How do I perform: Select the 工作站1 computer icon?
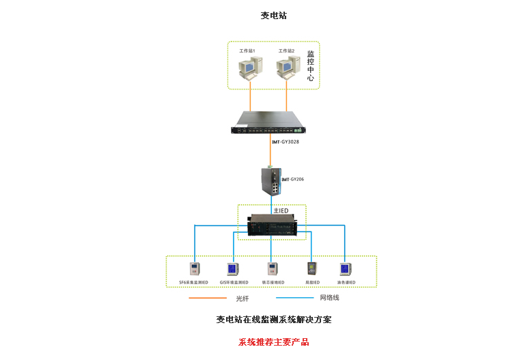pyautogui.click(x=249, y=67)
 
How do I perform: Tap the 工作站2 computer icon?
pyautogui.click(x=288, y=67)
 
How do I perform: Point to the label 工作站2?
pyautogui.click(x=286, y=51)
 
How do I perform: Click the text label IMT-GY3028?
pyautogui.click(x=286, y=142)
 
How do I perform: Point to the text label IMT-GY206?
pyautogui.click(x=293, y=179)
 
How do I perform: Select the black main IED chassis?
pyautogui.click(x=272, y=225)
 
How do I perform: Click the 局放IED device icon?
pyautogui.click(x=311, y=268)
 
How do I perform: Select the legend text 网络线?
pyautogui.click(x=329, y=298)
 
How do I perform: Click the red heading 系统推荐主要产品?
pyautogui.click(x=273, y=342)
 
